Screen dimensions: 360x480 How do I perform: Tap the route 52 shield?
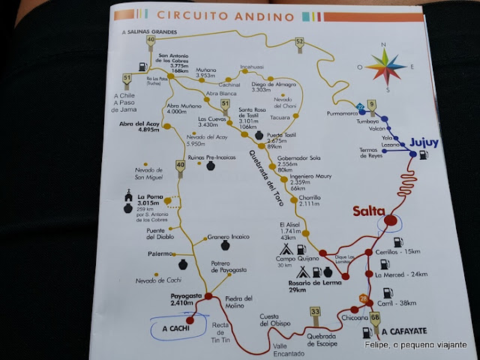coord(299,41)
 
